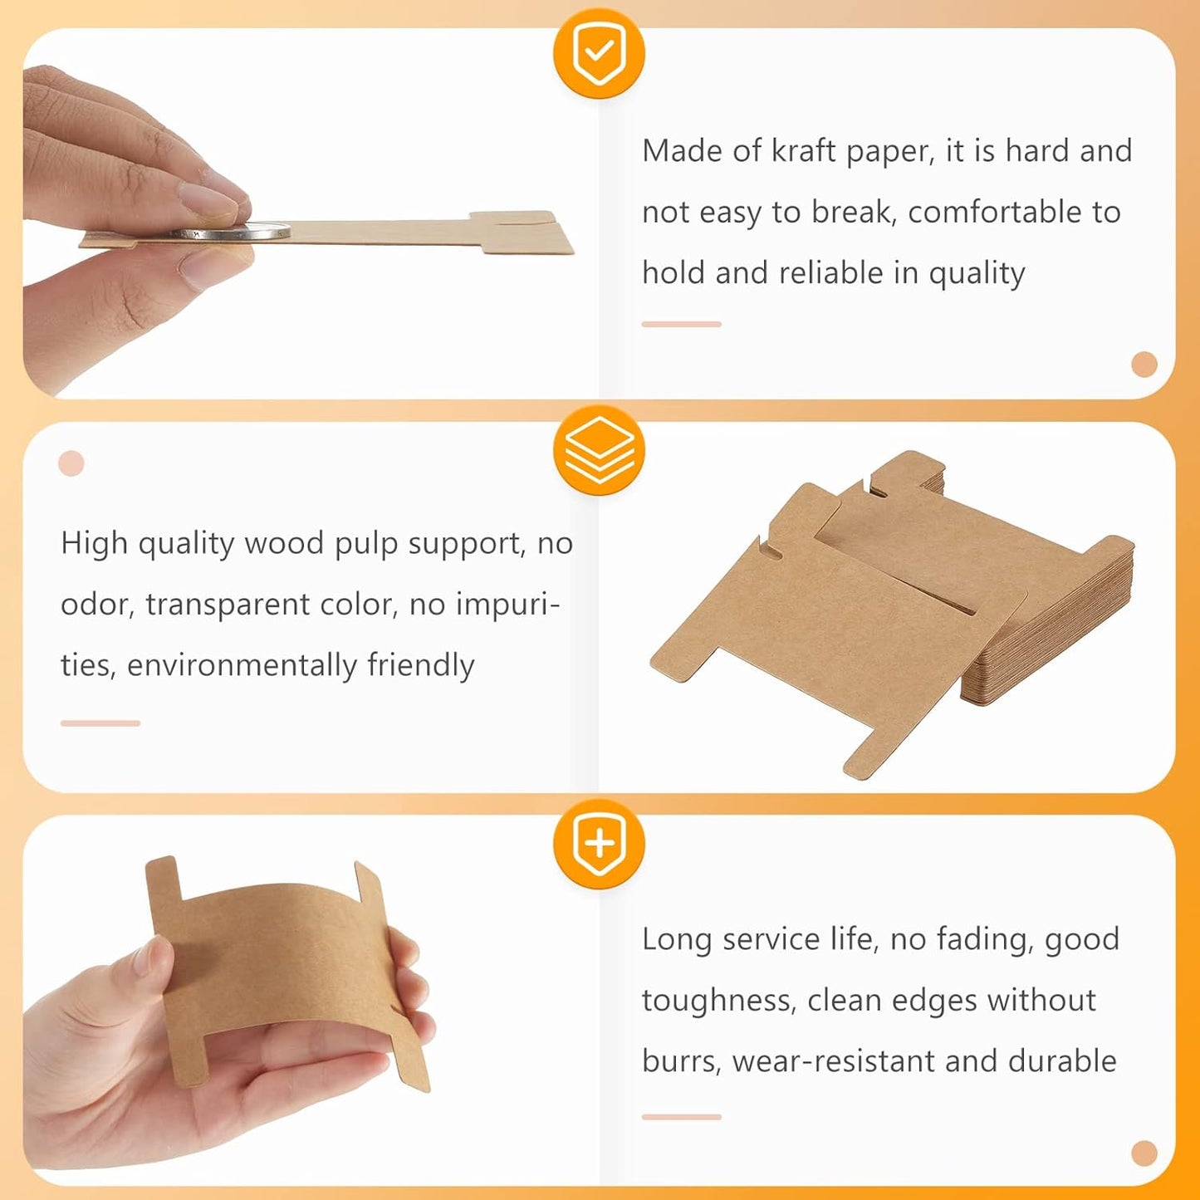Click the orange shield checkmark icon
[x=599, y=53]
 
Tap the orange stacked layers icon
[x=599, y=451]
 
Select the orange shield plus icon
[x=599, y=844]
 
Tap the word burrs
[x=680, y=1061]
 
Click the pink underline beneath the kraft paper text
[x=681, y=324]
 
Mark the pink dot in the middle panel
[x=71, y=463]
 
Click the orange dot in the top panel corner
[x=1144, y=364]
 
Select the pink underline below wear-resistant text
[x=681, y=1117]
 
